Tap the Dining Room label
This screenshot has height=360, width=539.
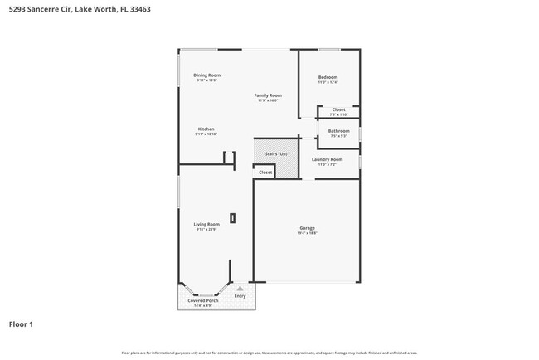206,75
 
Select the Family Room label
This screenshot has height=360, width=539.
267,95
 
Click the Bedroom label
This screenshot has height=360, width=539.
328,77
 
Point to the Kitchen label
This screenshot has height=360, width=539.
206,129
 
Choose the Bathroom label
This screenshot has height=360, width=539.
338,130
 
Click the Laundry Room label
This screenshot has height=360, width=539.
327,159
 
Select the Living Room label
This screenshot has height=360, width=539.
206,224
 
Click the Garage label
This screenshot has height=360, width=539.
307,228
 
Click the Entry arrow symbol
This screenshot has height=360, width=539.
240,288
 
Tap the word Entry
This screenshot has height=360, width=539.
240,295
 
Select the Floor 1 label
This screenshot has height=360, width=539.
21,324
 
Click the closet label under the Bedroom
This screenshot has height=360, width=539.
338,109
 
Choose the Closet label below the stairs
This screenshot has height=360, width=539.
265,172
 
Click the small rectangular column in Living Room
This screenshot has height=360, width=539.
232,218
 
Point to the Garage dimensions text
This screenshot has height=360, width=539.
307,233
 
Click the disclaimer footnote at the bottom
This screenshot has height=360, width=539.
269,353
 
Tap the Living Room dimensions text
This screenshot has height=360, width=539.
206,229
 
